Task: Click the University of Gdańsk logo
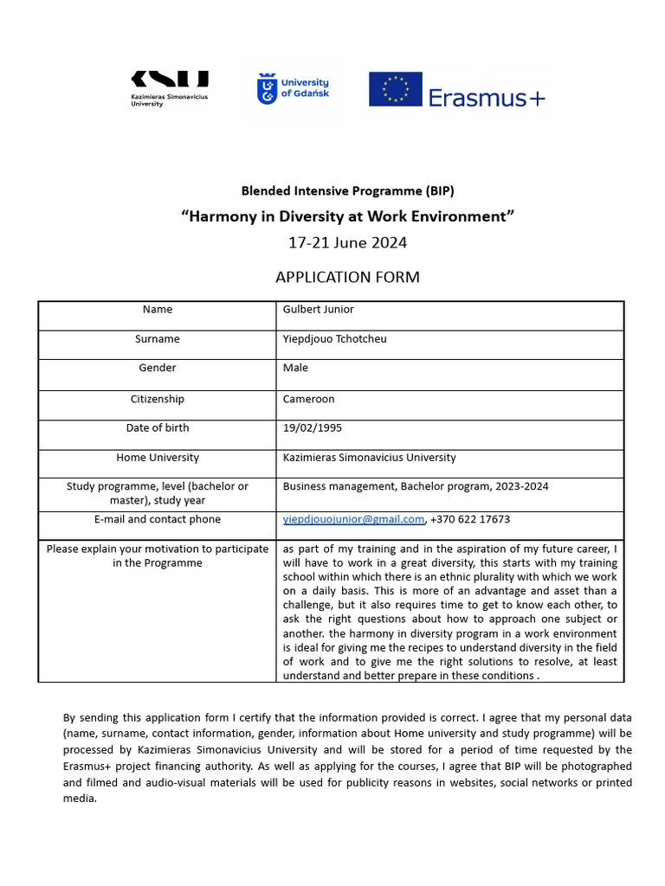click(293, 88)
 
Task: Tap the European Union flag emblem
click(396, 89)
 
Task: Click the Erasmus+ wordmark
click(487, 98)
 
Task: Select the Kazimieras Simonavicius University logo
click(170, 88)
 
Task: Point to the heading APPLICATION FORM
click(347, 277)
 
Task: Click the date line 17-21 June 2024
click(347, 242)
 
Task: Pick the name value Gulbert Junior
click(318, 310)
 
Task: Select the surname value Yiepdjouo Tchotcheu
click(334, 339)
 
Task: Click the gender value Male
click(295, 369)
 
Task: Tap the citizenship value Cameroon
click(308, 400)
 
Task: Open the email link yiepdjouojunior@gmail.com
click(353, 520)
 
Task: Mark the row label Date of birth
click(158, 428)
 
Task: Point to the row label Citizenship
click(158, 400)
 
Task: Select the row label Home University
click(158, 458)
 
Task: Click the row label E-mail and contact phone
click(158, 520)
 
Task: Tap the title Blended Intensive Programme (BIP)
click(347, 190)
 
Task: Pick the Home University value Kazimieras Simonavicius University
click(369, 458)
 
